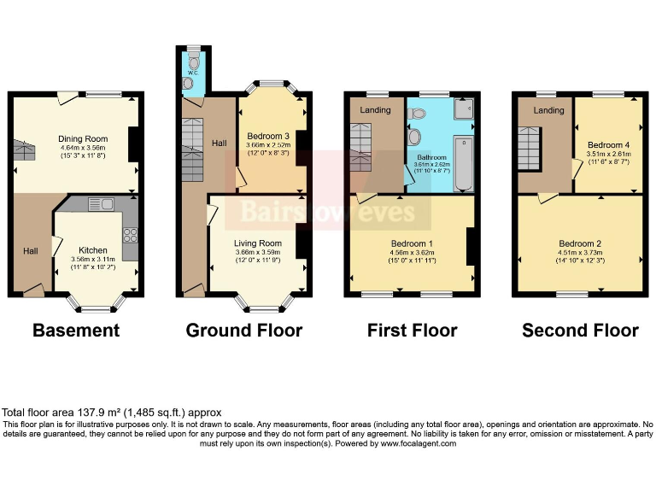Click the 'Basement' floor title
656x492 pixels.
(76, 331)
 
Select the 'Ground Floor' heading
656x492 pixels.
(243, 331)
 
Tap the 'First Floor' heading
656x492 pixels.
(412, 331)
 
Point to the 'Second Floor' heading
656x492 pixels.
(580, 331)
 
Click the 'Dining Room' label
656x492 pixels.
(82, 138)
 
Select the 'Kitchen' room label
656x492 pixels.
(93, 226)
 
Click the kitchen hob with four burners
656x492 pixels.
(131, 232)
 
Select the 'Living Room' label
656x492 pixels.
(257, 243)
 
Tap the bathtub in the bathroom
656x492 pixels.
(463, 162)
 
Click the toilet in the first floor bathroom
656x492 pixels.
(415, 137)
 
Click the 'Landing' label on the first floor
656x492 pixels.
(375, 109)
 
